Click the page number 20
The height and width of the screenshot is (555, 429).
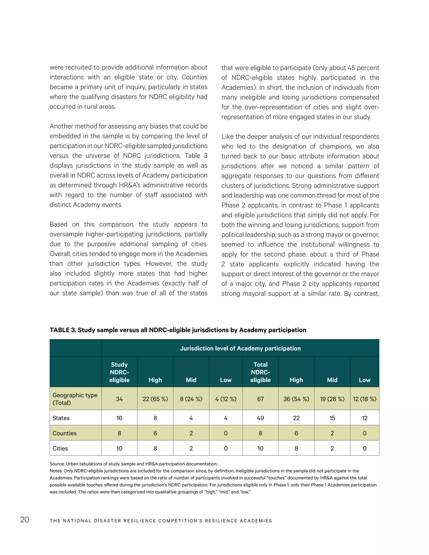(25, 520)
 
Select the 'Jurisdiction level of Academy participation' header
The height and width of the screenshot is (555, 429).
(240, 348)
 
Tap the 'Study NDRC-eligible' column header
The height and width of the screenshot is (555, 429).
(119, 372)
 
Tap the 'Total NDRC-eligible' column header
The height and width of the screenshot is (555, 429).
(260, 372)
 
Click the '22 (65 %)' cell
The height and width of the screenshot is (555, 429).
(155, 399)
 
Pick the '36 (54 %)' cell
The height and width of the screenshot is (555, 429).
(296, 399)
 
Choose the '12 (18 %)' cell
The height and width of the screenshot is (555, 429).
(364, 399)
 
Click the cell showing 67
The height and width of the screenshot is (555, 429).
(260, 399)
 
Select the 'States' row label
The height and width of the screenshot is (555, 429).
(61, 418)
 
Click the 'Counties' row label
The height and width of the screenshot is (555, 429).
(64, 433)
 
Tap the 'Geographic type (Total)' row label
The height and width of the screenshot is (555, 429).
(75, 399)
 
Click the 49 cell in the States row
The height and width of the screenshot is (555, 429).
(260, 418)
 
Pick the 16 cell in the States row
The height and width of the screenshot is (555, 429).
(119, 418)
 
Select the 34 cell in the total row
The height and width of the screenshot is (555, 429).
(119, 399)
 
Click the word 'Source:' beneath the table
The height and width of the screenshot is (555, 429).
(57, 464)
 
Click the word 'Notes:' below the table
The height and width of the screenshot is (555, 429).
(56, 471)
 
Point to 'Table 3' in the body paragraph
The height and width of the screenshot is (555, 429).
(196, 156)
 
